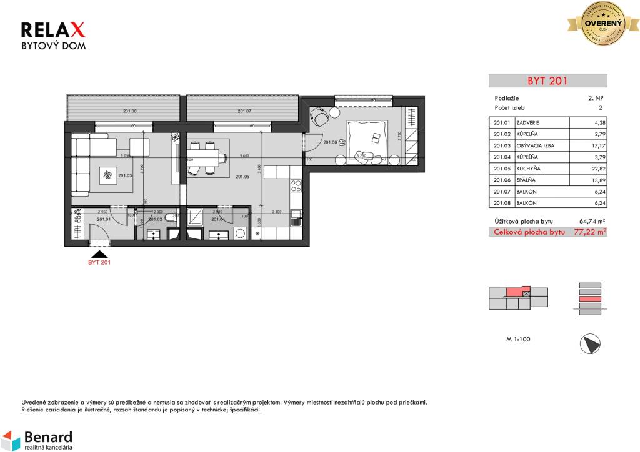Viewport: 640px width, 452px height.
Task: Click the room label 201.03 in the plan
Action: [x=126, y=176]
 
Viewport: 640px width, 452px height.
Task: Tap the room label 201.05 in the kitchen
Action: [x=242, y=177]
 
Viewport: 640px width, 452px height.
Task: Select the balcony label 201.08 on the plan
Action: [x=129, y=111]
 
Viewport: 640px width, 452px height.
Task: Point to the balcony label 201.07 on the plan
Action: [x=244, y=111]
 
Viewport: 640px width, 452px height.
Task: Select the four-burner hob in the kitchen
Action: [x=296, y=185]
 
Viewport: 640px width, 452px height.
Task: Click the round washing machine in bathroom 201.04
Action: [x=241, y=233]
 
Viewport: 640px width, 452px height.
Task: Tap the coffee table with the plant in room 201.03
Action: [x=109, y=176]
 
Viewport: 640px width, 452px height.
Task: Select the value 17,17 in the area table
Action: [x=600, y=145]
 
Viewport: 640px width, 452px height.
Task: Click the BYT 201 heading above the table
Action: [x=547, y=81]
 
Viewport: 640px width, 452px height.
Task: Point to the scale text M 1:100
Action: [x=518, y=340]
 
